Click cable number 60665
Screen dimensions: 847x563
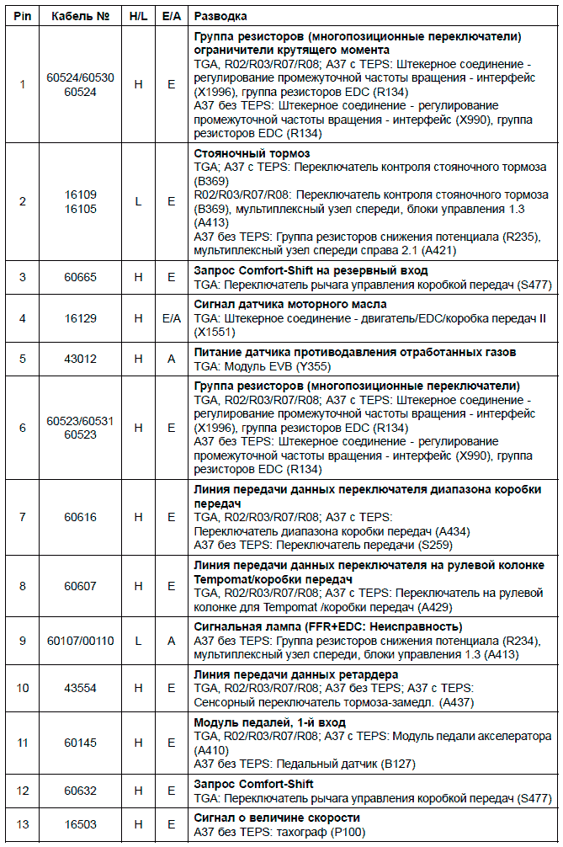click(x=81, y=277)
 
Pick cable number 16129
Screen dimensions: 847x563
click(x=81, y=318)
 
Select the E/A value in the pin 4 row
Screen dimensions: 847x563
click(x=171, y=318)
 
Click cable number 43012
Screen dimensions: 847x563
click(x=81, y=358)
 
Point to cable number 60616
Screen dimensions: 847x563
click(x=81, y=517)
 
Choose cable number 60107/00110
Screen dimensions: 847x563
click(x=81, y=641)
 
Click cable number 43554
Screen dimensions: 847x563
click(x=81, y=688)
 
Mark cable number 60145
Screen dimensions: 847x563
click(x=81, y=742)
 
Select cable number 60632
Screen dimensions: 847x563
click(x=81, y=791)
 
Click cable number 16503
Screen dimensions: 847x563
click(x=81, y=824)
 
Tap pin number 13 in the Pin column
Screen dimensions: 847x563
click(x=23, y=824)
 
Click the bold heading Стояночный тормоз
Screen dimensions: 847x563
click(x=252, y=153)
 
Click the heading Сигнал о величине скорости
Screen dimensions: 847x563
click(x=277, y=818)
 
